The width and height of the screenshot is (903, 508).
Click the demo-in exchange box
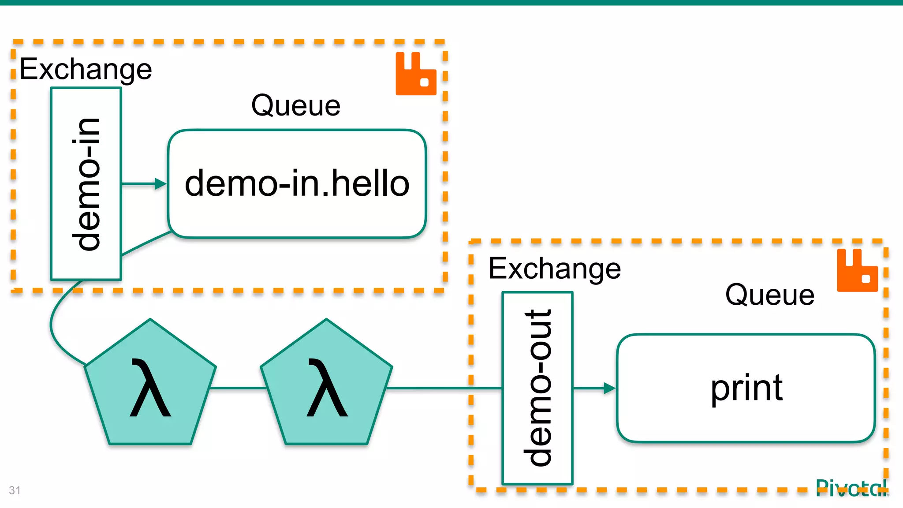(x=86, y=183)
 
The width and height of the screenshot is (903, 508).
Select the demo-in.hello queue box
(x=297, y=183)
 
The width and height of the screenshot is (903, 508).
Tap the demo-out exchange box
(x=537, y=388)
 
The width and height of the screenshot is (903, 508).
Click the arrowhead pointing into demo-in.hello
(x=160, y=183)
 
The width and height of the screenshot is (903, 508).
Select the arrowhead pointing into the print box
(x=609, y=388)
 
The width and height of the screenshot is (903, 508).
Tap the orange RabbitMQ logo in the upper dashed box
(x=416, y=74)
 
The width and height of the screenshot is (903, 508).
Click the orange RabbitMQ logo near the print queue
(x=857, y=270)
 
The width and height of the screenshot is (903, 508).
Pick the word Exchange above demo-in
(x=86, y=69)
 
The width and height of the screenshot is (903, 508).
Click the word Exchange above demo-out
(x=555, y=269)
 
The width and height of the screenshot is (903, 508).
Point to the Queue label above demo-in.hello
(x=296, y=105)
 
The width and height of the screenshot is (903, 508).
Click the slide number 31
(x=15, y=490)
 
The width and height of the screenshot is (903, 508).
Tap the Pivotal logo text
(x=851, y=489)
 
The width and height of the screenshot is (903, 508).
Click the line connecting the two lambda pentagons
(x=238, y=388)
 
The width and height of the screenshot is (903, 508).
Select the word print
(x=746, y=388)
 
